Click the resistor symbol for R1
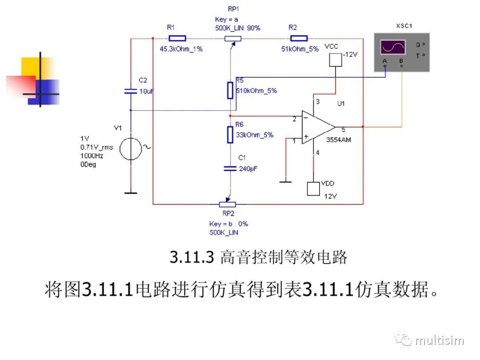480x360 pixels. (177, 38)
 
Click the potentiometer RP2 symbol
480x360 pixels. (227, 204)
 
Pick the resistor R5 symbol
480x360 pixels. (230, 90)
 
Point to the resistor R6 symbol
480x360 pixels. (230, 135)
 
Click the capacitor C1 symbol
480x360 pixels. (230, 168)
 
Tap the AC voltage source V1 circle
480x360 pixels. (131, 148)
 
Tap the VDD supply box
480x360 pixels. (313, 188)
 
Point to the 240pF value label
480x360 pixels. (248, 169)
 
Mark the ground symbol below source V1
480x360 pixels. (131, 192)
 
